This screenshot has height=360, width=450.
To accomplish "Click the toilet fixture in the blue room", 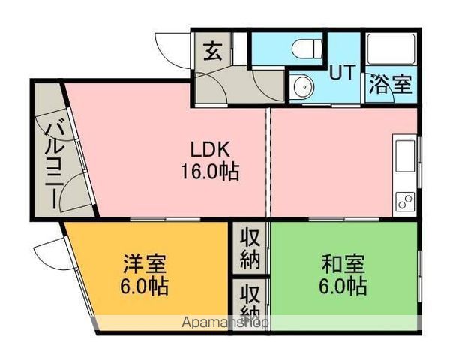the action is coord(307,49).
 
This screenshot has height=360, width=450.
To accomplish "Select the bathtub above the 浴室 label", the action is coord(391,49).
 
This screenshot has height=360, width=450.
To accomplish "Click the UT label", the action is coord(343,72).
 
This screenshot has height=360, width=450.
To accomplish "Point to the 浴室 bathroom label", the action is coord(391,84).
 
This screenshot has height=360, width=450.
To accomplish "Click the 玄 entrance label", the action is coord(213,51).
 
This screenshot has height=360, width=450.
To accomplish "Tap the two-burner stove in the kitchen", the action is coord(406,201).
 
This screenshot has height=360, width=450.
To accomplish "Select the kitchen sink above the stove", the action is coord(405,156).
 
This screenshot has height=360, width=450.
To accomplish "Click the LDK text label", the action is coord(210,149).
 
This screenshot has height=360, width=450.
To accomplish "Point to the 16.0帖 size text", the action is coord(210,172).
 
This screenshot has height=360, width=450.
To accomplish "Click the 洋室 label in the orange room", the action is coord(144,263).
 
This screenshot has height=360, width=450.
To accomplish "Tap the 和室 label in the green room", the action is coord(343,263).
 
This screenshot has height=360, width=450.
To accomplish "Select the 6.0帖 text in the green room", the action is coord(343,286).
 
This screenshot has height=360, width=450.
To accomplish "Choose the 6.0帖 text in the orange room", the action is coord(144,286).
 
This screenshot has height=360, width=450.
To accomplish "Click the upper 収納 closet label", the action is coord(250,249).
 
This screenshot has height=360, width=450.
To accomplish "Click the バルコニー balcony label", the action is coord(54,165).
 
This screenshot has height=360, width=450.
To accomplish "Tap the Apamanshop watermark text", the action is coord(225,322).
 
